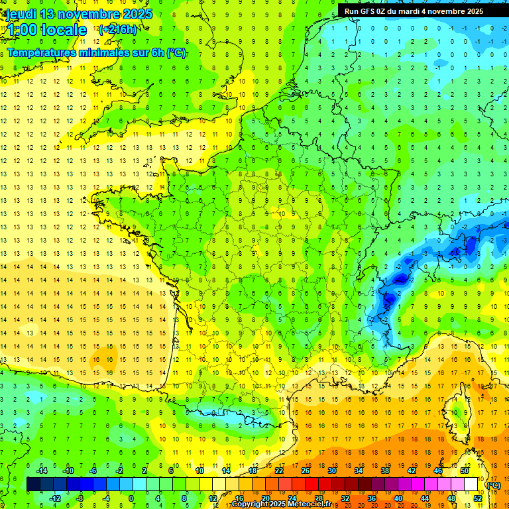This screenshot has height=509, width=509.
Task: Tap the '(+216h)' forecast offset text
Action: [x=118, y=29]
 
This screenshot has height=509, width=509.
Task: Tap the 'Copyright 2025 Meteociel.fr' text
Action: [x=281, y=504]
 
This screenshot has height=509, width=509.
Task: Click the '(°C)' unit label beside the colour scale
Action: [x=493, y=485]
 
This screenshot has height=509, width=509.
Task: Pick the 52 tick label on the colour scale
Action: [x=477, y=498]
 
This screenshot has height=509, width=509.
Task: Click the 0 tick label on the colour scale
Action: [x=131, y=498]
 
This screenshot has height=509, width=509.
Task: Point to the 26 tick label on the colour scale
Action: [x=306, y=471]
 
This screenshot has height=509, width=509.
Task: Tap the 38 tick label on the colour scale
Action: [x=385, y=471]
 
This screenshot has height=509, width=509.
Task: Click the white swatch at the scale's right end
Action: [x=471, y=484]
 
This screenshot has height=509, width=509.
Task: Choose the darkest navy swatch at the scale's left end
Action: [x=33, y=484]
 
